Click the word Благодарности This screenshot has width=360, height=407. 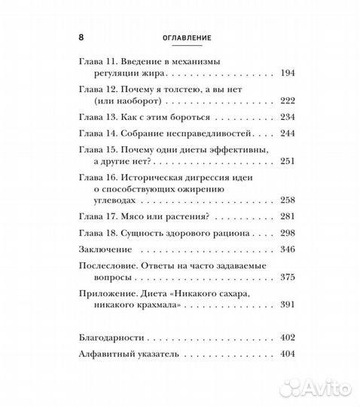tap(114, 335)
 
